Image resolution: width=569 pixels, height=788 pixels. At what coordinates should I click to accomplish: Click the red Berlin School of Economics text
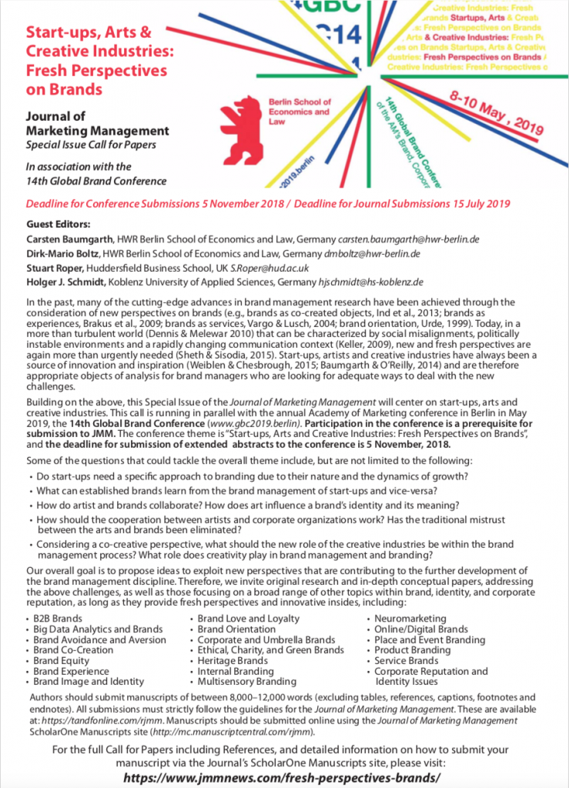click(x=300, y=112)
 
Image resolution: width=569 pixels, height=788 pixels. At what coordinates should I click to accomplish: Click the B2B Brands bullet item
click(x=58, y=619)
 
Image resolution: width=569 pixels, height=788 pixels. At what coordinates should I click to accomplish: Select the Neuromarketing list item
click(x=410, y=619)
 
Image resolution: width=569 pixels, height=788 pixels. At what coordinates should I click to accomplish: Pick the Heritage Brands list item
click(x=233, y=661)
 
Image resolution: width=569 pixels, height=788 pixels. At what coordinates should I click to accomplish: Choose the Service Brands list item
click(x=407, y=661)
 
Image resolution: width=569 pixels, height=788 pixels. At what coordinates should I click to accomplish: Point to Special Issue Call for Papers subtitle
click(x=90, y=145)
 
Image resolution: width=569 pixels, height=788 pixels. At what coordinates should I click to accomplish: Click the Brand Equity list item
click(x=61, y=661)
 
